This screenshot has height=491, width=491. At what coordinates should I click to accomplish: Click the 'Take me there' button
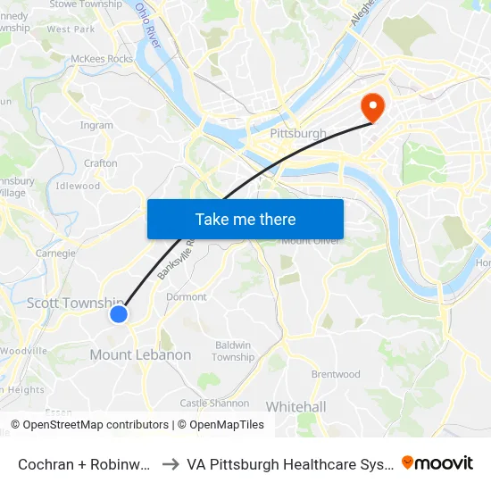pos(245,219)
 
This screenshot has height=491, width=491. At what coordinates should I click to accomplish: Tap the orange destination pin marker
pos(371,108)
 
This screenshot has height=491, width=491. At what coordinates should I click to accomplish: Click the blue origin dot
pos(119,313)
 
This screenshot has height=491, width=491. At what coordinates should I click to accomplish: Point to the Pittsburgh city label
pos(298,134)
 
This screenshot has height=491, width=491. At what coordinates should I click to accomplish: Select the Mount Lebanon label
pos(140,355)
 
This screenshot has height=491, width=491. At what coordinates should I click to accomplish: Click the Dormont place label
pos(187,297)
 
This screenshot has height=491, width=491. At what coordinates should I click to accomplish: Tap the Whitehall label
pos(295,407)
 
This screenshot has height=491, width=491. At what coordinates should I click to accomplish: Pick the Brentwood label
pos(336,374)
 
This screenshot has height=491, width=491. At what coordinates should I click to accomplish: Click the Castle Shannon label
pos(214,404)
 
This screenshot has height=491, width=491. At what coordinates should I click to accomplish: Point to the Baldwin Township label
pos(233,351)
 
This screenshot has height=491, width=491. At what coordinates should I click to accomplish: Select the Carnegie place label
pos(55,254)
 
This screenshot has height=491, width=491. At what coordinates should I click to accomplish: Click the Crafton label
pos(100,163)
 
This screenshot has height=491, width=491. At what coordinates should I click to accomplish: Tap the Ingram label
pos(96,126)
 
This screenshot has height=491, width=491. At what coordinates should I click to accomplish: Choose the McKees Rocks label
pos(101,60)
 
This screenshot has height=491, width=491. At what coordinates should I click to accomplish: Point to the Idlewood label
pos(78,187)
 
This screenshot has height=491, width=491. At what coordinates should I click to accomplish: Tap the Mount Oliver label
pos(308,241)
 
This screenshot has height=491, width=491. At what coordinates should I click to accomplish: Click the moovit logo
pos(437,463)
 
